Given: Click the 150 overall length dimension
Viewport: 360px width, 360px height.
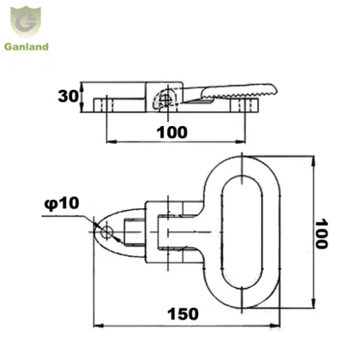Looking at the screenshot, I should click(x=183, y=314).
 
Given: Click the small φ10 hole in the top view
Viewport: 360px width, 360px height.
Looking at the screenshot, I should click(x=105, y=231).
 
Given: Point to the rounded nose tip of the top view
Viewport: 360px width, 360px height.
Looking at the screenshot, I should click(x=93, y=232).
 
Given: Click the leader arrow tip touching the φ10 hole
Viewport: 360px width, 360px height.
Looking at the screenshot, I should click(x=101, y=228).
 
